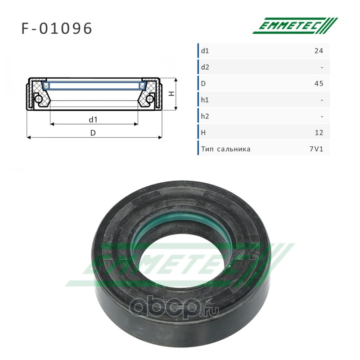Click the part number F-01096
(57, 28)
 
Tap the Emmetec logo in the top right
(295, 26)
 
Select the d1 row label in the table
(205, 51)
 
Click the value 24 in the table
(319, 51)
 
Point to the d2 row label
(205, 67)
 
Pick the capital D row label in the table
(203, 84)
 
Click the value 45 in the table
(319, 84)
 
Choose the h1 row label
(205, 100)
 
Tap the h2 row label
(205, 117)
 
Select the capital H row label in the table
(203, 133)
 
